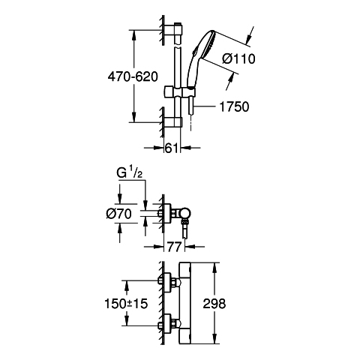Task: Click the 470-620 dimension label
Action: tap(133, 76)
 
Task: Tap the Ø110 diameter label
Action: tap(238, 59)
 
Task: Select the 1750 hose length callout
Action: tap(234, 106)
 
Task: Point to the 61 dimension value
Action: tap(172, 148)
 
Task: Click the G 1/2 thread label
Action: tap(130, 172)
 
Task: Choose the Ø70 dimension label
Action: tap(118, 214)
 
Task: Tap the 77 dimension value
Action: tap(174, 247)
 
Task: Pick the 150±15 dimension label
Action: tap(126, 304)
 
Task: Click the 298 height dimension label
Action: tap(214, 304)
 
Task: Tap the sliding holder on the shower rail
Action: tap(179, 91)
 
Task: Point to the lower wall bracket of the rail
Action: tap(173, 122)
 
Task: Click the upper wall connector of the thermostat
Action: tap(169, 282)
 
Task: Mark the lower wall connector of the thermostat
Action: tap(169, 325)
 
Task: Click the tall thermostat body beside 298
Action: tap(185, 304)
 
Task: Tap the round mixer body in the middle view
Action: tap(187, 213)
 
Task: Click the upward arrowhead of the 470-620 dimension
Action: tap(133, 35)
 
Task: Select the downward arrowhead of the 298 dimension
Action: tap(214, 340)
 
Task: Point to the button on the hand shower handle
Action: tap(194, 52)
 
